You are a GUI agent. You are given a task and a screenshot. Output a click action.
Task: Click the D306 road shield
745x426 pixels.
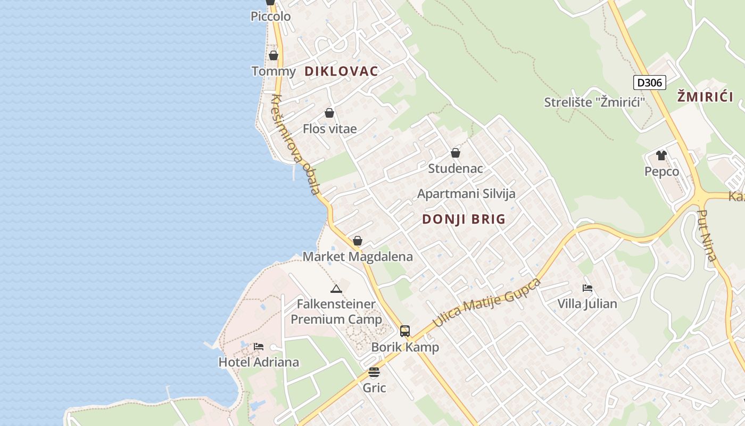[x=650, y=83]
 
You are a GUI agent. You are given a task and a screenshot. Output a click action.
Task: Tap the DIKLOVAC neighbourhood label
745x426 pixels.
[x=341, y=71]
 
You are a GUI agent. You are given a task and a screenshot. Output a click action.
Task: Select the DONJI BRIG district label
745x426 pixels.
[x=463, y=219]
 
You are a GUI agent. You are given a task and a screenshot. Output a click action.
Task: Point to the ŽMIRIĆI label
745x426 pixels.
[x=705, y=97]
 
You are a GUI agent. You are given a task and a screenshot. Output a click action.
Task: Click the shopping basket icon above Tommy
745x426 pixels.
[x=274, y=55]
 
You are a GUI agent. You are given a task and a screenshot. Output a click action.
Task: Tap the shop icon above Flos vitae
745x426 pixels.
[x=329, y=113]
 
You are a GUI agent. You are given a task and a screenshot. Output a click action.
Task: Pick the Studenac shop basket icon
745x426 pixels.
[x=456, y=153]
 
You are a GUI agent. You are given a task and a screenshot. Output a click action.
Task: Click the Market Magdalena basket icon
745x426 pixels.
[x=358, y=241]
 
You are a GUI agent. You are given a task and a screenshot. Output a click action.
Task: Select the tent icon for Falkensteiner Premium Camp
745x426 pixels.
[x=336, y=289]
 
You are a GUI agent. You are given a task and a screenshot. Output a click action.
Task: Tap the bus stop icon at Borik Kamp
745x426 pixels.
[x=405, y=331]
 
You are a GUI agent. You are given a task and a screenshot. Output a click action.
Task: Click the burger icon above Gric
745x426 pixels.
[x=374, y=372]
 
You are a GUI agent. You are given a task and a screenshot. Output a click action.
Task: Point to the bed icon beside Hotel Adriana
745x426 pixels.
[x=259, y=347]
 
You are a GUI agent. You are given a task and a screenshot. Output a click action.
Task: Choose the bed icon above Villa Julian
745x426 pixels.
[x=587, y=288]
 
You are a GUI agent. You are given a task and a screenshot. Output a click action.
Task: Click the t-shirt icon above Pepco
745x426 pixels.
[x=661, y=155]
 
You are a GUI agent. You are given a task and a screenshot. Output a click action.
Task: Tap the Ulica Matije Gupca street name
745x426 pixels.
[x=486, y=302]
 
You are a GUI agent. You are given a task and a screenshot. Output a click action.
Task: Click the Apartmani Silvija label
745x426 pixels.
[x=466, y=193]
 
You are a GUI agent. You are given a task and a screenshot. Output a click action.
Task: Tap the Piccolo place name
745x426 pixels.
[x=271, y=17]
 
